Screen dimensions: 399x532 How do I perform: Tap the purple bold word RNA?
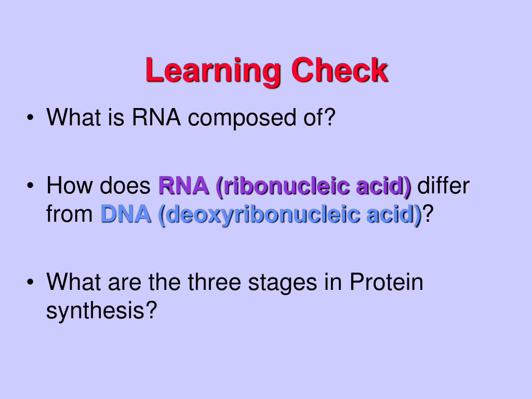pyautogui.click(x=182, y=185)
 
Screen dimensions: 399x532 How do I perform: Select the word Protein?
pyautogui.click(x=386, y=283)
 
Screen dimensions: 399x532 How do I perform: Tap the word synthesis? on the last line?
pyautogui.click(x=101, y=311)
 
